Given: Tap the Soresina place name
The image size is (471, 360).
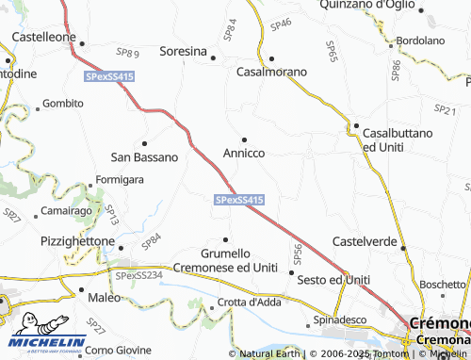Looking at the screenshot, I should (183, 51).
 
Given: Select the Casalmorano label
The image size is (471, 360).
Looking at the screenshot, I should (271, 72).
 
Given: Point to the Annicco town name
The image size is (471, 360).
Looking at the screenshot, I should (244, 152).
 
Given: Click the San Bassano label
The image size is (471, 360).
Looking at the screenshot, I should (144, 156).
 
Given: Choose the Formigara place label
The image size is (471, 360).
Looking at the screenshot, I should (119, 179).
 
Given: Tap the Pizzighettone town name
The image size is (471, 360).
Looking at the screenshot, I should (77, 241).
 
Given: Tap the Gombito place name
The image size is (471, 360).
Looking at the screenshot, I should (63, 103).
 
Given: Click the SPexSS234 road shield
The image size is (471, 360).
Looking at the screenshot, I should (139, 274).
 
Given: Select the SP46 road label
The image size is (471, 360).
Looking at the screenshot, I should (282, 24).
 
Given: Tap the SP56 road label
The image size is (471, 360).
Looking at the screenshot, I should (298, 253).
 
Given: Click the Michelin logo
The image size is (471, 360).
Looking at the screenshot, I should (48, 332).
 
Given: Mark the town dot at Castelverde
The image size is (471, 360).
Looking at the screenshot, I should (404, 248).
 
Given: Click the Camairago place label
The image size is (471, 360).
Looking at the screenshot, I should (65, 213).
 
